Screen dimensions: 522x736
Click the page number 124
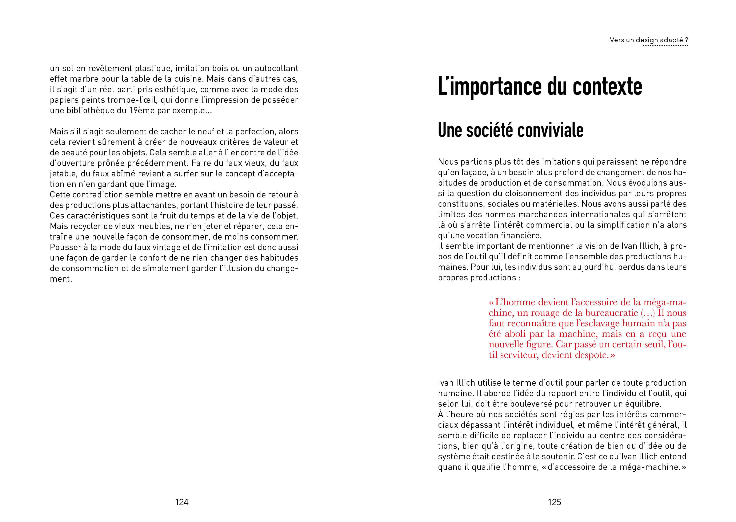tap(182, 502)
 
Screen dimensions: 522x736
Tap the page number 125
tap(554, 502)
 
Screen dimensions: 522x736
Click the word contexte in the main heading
tap(607, 87)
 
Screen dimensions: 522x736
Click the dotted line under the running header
tap(665, 46)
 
